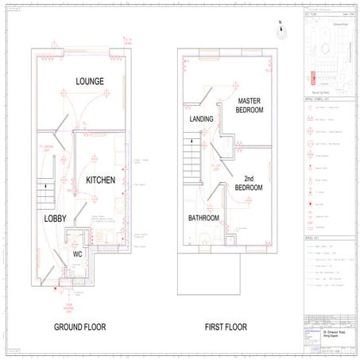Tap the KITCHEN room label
pyautogui.click(x=100, y=180)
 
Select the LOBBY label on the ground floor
pyautogui.click(x=55, y=217)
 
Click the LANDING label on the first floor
pyautogui.click(x=202, y=119)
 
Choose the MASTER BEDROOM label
pyautogui.click(x=254, y=106)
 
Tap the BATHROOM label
pyautogui.click(x=204, y=218)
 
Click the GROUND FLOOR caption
pyautogui.click(x=80, y=327)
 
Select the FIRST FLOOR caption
pyautogui.click(x=227, y=327)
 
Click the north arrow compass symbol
pyautogui.click(x=280, y=32)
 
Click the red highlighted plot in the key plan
pyautogui.click(x=312, y=78)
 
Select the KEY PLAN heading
pyautogui.click(x=311, y=15)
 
